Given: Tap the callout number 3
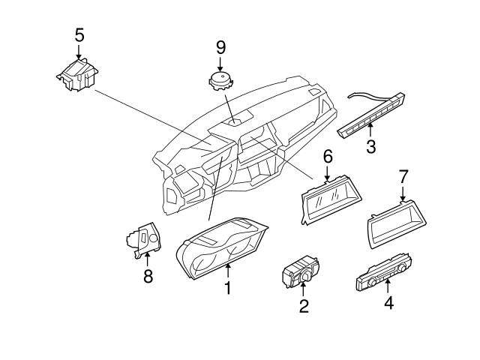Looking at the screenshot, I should point(370,145).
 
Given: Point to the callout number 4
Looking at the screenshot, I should point(388,303).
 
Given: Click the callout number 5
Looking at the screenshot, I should point(79,34).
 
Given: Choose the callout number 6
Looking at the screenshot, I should point(327,157).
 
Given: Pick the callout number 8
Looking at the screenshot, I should point(148,276).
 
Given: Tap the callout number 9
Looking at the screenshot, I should point(220,46).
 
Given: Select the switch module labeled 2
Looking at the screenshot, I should point(301,271).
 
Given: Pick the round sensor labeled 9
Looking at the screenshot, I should point(220,80).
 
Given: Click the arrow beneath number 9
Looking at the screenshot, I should point(220,63).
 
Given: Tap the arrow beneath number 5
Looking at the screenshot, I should point(79,51).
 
